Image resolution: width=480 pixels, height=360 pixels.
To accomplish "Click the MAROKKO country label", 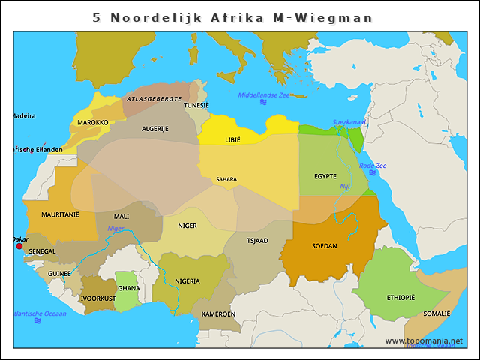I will click(93, 122).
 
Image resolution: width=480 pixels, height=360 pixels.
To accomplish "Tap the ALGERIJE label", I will click(155, 129).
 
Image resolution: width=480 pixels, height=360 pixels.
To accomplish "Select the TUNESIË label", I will click(196, 105).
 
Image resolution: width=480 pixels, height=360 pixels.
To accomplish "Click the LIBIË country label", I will click(233, 140).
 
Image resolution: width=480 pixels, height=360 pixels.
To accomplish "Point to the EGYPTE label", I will click(325, 176).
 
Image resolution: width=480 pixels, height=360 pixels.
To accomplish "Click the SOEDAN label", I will click(324, 246).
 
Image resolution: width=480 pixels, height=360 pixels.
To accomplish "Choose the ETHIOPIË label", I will click(400, 298).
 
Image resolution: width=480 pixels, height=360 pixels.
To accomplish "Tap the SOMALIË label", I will click(436, 313).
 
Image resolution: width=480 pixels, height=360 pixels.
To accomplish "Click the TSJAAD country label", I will click(257, 241).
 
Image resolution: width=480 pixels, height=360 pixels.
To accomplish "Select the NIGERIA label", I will click(187, 281).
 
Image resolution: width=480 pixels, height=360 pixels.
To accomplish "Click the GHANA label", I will click(129, 288).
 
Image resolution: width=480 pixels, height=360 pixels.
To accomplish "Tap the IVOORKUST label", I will click(98, 298).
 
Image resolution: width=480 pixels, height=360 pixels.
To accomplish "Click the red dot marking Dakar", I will click(19, 245).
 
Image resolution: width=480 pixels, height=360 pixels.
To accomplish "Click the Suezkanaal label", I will click(349, 121).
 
